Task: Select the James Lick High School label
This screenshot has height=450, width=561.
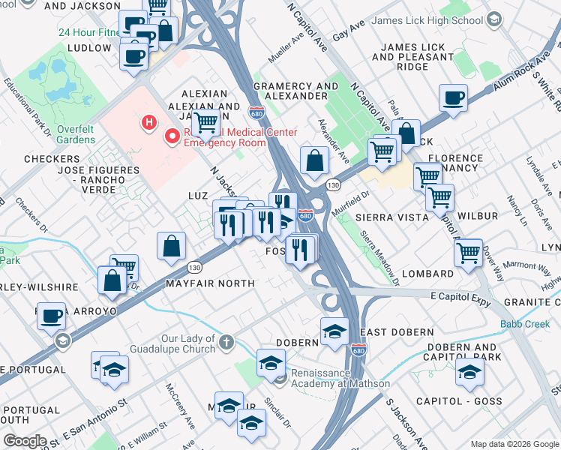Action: coord(438,21)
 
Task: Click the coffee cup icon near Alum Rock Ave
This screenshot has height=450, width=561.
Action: coord(453,98)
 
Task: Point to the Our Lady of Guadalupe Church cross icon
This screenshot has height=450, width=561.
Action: coord(226,343)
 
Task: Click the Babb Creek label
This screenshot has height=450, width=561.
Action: coord(525,325)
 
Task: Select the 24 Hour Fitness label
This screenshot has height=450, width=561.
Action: coord(88,32)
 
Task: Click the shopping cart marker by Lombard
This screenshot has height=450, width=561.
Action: coord(469,252)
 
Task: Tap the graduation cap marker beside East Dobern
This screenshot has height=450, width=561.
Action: coord(334,331)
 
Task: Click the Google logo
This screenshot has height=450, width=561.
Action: coord(25,441)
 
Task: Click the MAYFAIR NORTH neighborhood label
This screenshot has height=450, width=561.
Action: coord(210,283)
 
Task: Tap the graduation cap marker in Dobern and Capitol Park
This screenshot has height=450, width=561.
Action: coord(469,373)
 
